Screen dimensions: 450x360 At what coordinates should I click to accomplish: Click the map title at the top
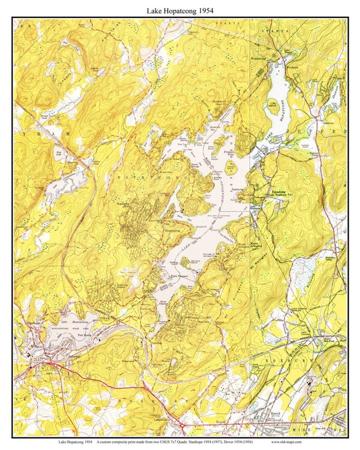tap(180, 9)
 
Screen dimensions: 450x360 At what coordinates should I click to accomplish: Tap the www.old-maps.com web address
tap(287, 442)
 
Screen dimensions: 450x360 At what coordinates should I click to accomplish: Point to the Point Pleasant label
tap(180, 276)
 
